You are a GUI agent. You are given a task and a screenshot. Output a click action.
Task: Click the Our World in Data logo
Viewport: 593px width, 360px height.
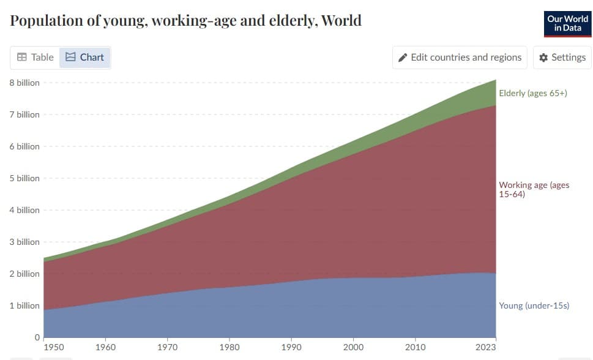coord(567,23)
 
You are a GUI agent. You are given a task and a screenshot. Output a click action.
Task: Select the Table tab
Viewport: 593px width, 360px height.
coord(35,57)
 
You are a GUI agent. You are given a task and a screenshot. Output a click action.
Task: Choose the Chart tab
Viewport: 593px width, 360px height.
coord(85,57)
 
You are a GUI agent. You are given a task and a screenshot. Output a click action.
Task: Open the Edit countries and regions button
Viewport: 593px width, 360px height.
coord(460,57)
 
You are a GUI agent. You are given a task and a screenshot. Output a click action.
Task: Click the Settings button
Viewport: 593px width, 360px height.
coord(562,57)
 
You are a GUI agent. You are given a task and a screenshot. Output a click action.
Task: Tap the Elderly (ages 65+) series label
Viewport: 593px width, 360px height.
coord(533,93)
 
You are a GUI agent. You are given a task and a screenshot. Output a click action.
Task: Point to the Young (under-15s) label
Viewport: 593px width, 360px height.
coord(534,306)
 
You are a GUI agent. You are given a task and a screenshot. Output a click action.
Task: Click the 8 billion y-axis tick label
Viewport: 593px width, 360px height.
coord(24,83)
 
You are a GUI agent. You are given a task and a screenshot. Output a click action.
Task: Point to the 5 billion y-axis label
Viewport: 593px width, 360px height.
coord(24,178)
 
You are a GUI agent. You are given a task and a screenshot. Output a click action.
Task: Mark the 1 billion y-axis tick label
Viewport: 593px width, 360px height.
coord(24,306)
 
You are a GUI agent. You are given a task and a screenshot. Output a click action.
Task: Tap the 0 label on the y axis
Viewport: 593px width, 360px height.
coord(37,337)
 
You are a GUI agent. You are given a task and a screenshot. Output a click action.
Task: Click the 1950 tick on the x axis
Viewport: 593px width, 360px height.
coord(54,347)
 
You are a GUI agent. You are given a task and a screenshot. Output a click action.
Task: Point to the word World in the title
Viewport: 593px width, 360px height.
coord(341,21)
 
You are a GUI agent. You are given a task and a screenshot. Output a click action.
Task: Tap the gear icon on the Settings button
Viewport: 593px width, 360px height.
coord(543,58)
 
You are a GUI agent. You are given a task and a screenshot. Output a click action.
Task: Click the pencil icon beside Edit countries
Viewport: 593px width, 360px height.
coord(403,58)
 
